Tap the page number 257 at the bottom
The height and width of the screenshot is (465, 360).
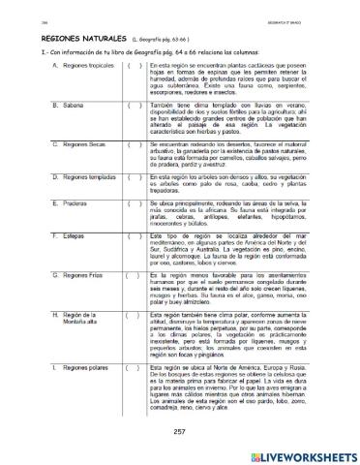tap(178, 431)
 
